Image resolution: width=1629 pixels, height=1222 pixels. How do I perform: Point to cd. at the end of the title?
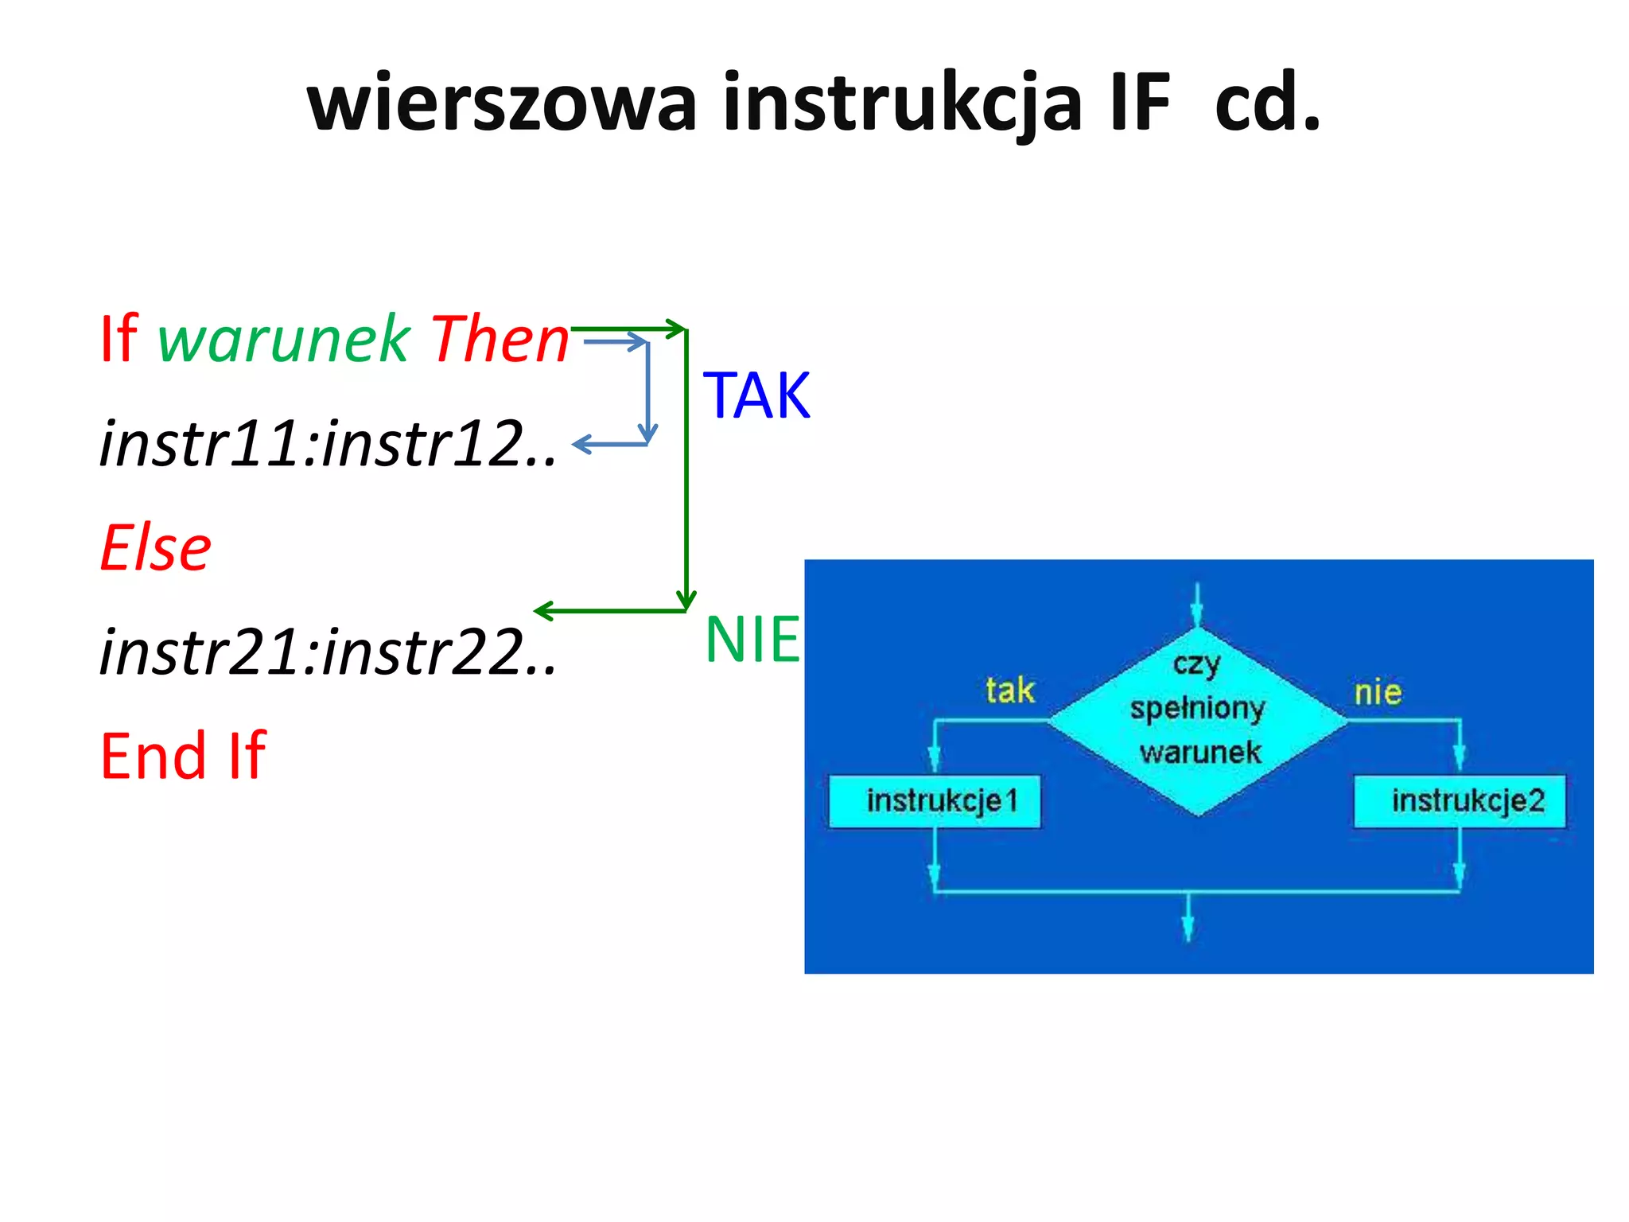[x=1267, y=103]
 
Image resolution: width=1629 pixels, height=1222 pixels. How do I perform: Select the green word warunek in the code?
[x=284, y=341]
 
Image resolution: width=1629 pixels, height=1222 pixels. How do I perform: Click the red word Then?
[x=500, y=341]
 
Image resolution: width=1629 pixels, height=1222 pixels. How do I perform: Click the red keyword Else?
[x=156, y=549]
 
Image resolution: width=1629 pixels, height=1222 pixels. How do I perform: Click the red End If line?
[x=183, y=756]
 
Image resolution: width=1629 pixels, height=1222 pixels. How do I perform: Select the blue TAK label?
[x=756, y=396]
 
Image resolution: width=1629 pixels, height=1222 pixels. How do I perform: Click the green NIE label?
[x=752, y=640]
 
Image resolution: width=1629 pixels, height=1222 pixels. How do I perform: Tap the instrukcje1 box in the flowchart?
[x=935, y=801]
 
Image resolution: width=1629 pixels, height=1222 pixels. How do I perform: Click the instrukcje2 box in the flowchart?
[x=1460, y=801]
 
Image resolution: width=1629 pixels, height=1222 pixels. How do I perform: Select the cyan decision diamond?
[x=1198, y=720]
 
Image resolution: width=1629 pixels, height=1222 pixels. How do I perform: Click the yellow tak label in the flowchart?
[x=1010, y=690]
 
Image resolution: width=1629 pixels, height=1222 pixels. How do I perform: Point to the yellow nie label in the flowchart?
[x=1378, y=692]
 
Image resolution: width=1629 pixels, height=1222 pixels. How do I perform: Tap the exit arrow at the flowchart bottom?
[x=1188, y=919]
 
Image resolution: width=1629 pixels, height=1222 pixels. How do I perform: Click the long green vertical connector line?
[x=686, y=469]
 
